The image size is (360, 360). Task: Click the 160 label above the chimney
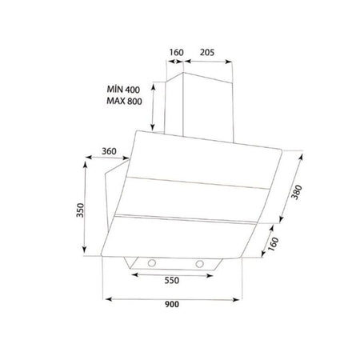176,53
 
